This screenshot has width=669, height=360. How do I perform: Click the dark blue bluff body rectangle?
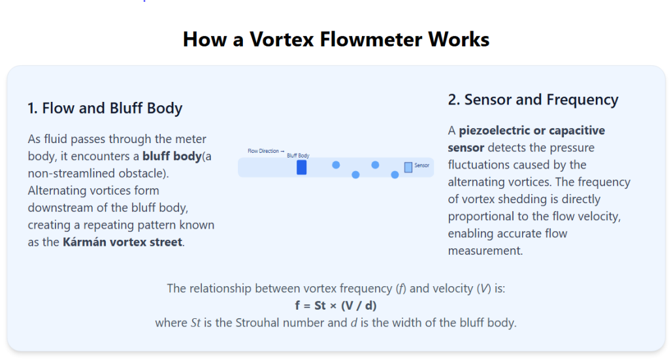click(302, 167)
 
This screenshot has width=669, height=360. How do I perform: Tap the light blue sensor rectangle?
click(408, 167)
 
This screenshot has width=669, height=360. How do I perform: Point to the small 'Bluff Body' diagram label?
click(298, 155)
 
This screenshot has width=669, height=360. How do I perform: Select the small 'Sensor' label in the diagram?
click(421, 165)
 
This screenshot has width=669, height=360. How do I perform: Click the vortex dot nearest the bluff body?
click(336, 165)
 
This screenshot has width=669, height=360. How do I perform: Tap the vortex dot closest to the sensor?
click(395, 175)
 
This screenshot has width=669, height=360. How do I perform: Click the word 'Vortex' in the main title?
click(281, 39)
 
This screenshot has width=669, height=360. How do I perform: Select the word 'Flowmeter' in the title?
click(371, 39)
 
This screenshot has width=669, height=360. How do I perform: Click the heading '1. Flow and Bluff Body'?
click(105, 108)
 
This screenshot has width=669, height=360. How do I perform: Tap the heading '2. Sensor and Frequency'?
click(533, 100)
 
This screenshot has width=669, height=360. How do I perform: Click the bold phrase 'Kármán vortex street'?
click(122, 242)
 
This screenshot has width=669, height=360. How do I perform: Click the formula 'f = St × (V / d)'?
click(336, 306)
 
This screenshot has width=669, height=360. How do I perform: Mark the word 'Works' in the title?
click(459, 39)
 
